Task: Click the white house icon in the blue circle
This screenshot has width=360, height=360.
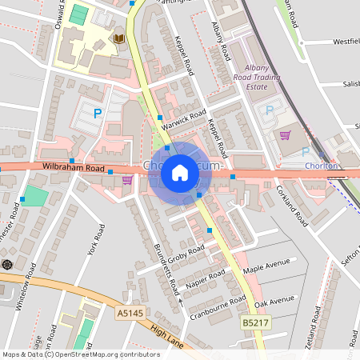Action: (180, 172)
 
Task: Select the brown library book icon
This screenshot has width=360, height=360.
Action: (119, 38)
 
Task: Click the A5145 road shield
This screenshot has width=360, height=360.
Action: (128, 313)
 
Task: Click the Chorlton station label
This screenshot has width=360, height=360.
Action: (321, 166)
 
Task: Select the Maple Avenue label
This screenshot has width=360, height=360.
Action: (266, 267)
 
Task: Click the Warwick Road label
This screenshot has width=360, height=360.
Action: (182, 119)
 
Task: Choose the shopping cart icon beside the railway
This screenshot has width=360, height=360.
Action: (285, 134)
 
